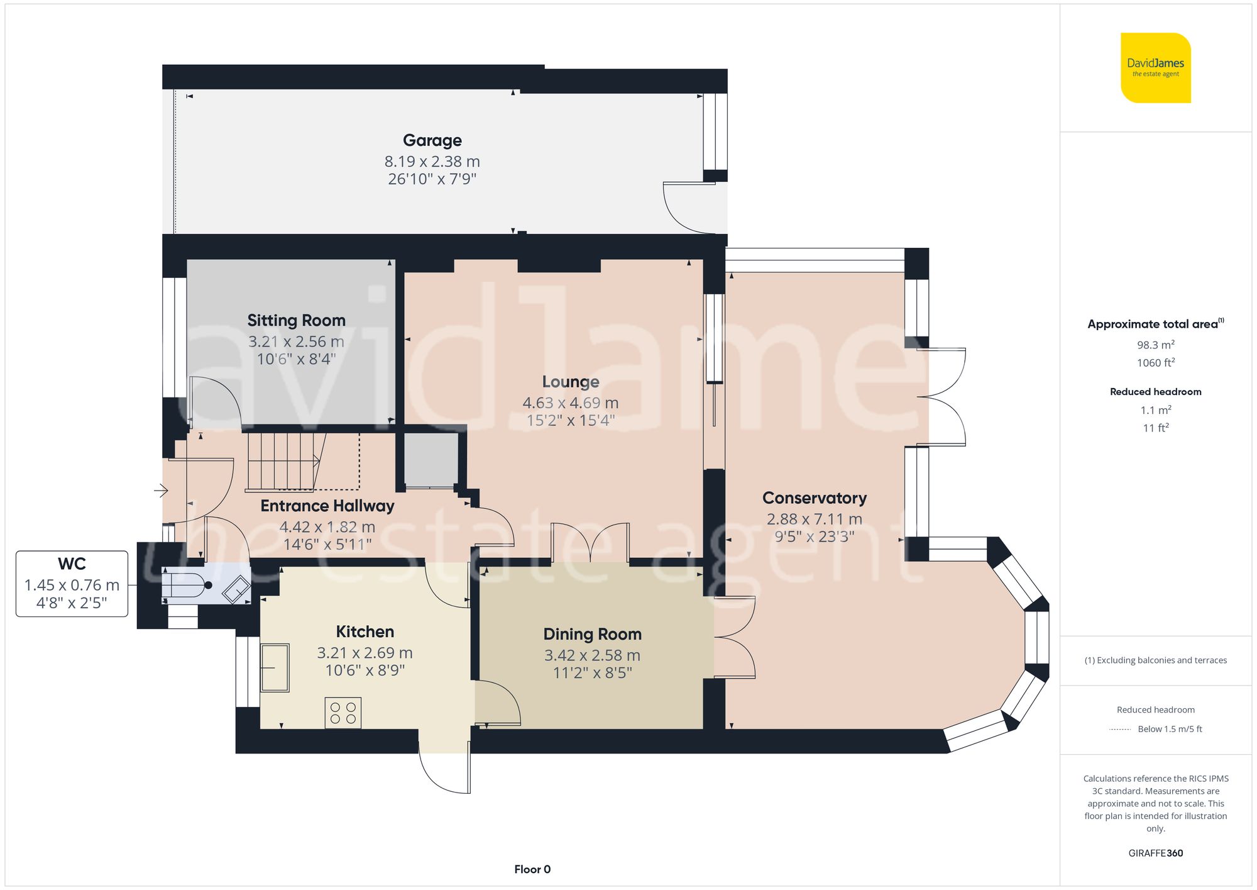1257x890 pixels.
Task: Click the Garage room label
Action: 432,140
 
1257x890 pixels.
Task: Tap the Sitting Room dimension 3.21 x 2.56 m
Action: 296,342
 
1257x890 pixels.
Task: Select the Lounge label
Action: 571,382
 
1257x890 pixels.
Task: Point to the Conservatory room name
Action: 815,498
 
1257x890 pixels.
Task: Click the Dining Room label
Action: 592,634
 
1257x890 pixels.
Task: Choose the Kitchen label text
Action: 365,631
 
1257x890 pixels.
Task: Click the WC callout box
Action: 72,584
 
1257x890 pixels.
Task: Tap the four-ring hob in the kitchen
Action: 343,713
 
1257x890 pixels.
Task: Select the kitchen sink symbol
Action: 275,667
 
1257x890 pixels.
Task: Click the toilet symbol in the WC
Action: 186,585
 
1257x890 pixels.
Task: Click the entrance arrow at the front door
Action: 162,490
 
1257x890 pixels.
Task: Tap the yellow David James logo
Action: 1155,68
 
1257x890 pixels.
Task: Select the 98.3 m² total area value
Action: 1155,345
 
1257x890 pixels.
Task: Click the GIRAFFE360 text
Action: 1155,853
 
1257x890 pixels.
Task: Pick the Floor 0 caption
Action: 532,869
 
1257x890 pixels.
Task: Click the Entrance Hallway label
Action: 327,506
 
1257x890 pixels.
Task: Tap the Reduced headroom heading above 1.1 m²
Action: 1155,391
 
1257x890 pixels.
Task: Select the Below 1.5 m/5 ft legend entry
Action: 1169,729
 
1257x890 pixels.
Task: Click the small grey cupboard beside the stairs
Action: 431,459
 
